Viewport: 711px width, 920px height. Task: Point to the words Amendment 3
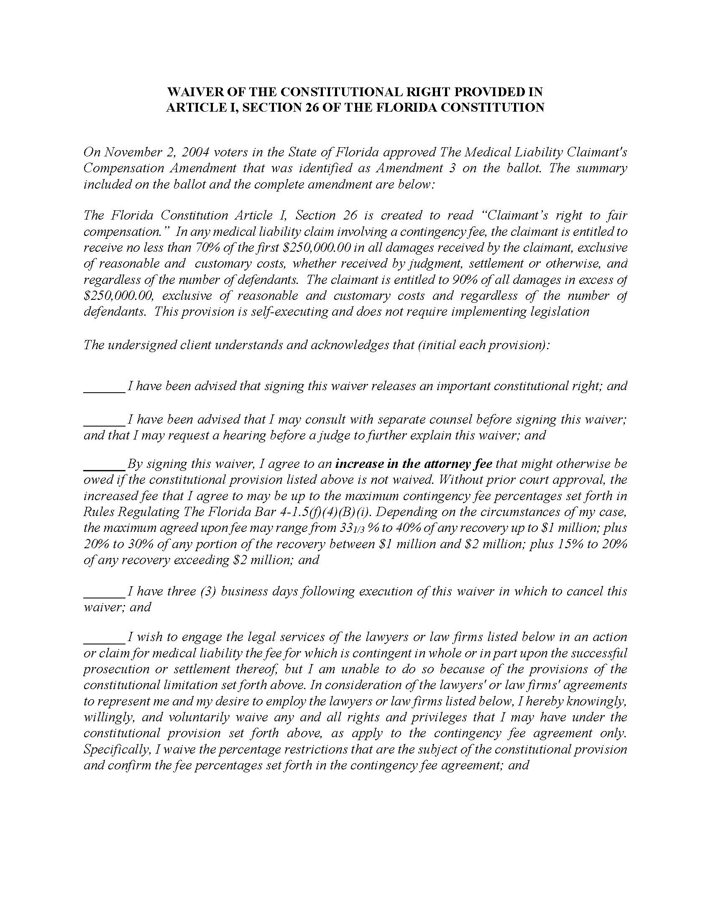pyautogui.click(x=414, y=168)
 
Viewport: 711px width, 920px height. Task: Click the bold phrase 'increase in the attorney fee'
pyautogui.click(x=414, y=464)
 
